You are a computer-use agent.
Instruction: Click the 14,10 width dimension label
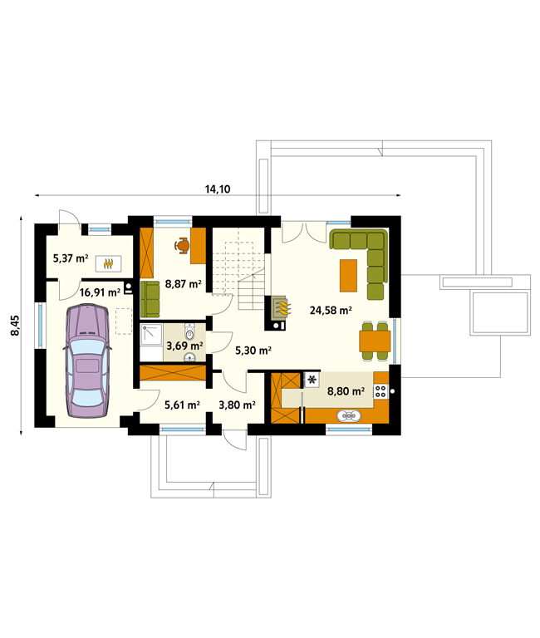point(218,189)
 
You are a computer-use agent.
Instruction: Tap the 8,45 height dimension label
point(15,326)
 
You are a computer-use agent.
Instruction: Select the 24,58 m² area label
point(331,311)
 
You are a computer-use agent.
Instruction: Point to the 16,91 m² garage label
point(100,292)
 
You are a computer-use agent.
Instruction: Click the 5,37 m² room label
point(71,258)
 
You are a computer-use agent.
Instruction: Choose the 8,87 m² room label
point(183,283)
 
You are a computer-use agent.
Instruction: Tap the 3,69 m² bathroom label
point(184,346)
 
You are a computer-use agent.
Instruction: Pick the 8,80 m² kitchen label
point(346,391)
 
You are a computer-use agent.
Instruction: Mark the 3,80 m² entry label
point(237,405)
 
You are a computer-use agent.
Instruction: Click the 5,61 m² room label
point(182,405)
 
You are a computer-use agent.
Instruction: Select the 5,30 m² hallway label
point(253,350)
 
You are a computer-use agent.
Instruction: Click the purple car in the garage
point(87,361)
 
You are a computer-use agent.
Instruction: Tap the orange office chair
point(182,245)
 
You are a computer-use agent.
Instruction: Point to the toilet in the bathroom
point(189,331)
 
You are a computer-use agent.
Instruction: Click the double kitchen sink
point(349,416)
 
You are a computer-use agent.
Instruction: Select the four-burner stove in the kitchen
point(380,391)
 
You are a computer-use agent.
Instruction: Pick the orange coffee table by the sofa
point(348,276)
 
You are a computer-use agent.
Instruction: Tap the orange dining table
point(375,341)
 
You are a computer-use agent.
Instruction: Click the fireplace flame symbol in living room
point(282,308)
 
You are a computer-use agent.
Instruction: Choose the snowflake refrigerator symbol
point(312,380)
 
